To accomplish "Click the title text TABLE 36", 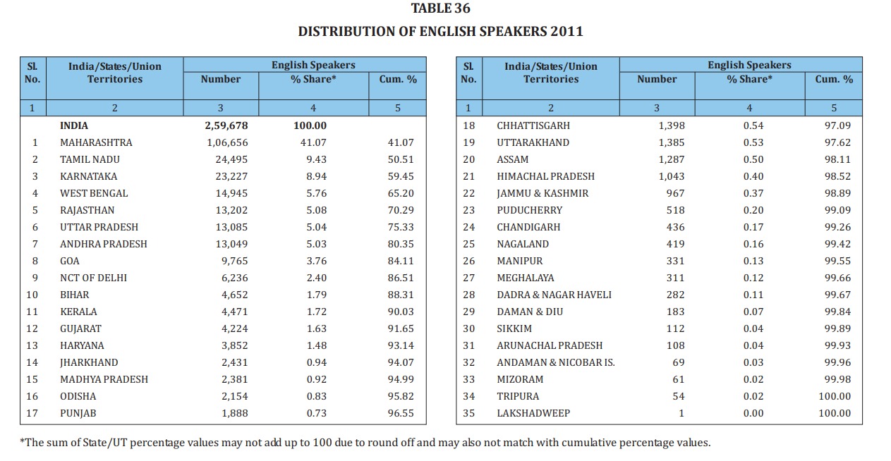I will [x=440, y=9].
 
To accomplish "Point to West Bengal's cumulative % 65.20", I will [x=401, y=193].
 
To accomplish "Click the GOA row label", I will [x=71, y=261].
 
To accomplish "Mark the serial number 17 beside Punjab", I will [x=32, y=413].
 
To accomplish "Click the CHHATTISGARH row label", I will [x=533, y=125].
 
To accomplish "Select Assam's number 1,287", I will [x=671, y=159].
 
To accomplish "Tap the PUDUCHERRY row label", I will [x=530, y=210].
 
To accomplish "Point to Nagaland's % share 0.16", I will [x=753, y=244].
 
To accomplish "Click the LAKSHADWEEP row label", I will [x=533, y=413].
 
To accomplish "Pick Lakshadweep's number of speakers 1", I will [x=681, y=413].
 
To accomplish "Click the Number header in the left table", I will [x=221, y=80].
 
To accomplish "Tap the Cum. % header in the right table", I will [x=834, y=80].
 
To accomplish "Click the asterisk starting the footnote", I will [x=22, y=442].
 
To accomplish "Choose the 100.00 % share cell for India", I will [x=310, y=125].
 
